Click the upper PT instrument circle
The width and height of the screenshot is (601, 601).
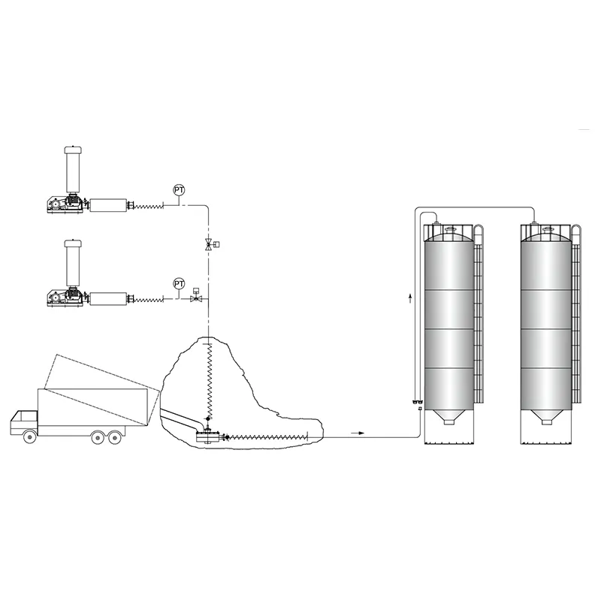(179, 190)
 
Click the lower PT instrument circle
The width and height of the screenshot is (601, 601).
(179, 284)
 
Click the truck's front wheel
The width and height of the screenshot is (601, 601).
(30, 437)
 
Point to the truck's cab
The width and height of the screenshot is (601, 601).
(24, 422)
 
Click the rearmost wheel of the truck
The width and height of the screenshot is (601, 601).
(114, 437)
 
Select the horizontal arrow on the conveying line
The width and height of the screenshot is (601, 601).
(358, 433)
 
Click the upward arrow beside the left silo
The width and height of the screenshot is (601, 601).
(410, 297)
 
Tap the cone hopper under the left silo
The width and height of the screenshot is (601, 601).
(448, 417)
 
